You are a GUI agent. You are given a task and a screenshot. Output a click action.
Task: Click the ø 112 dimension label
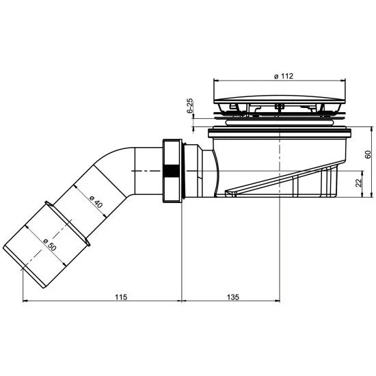(284, 76)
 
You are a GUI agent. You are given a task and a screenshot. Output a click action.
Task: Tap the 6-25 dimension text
(189, 105)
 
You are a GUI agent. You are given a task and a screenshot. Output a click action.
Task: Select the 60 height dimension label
(368, 155)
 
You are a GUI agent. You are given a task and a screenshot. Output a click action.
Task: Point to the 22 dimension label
(358, 183)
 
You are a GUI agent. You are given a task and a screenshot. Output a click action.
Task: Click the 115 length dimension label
(121, 297)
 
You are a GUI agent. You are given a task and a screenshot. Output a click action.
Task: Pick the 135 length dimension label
(233, 297)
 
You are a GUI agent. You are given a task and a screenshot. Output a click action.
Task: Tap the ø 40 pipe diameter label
(96, 202)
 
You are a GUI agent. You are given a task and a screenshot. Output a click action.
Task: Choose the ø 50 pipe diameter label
(50, 245)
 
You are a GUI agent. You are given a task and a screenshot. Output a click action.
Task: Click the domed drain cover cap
(280, 100)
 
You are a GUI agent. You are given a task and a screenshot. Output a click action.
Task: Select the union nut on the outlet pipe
(172, 171)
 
